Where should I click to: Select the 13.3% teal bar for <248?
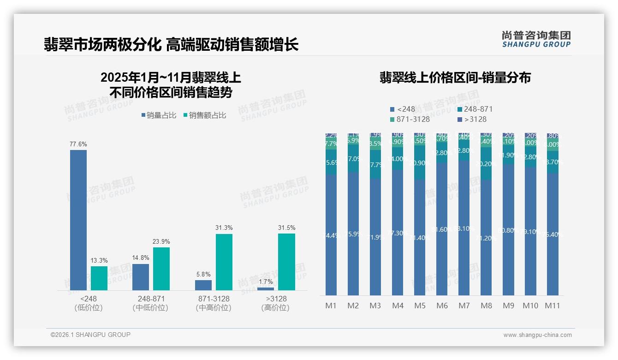[99, 278]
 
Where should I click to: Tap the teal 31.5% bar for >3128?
[286, 262]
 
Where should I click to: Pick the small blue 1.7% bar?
[266, 289]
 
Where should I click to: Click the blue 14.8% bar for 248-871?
[141, 277]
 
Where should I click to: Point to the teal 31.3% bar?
[224, 262]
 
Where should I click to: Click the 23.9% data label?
[161, 241]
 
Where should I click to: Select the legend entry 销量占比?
[158, 115]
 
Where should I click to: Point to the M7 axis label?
[464, 306]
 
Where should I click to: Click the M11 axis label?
[553, 306]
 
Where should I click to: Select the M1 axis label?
[331, 306]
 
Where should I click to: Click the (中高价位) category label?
[213, 308]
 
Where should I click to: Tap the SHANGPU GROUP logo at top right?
[536, 39]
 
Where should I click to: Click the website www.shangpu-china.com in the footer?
[537, 335]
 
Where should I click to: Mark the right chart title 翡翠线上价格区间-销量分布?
[455, 78]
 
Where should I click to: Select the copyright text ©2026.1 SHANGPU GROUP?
[90, 335]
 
